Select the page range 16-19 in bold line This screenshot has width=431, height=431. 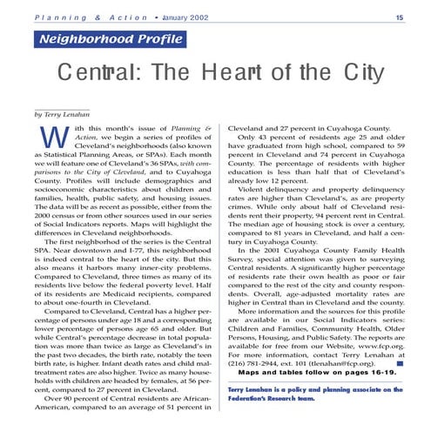tap(379, 390)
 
